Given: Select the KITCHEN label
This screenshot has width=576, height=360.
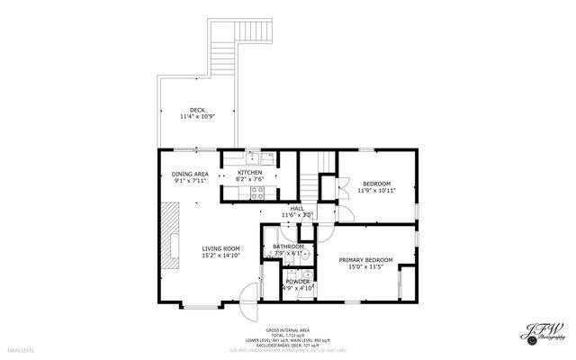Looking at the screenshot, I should [x=249, y=172].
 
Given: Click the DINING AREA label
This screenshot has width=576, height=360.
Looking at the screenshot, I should [x=190, y=174].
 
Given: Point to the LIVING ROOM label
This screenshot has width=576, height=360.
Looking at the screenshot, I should [x=220, y=248].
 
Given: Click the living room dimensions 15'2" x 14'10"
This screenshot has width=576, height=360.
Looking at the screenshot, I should [x=220, y=256].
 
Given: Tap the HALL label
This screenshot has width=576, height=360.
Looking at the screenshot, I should [x=297, y=208].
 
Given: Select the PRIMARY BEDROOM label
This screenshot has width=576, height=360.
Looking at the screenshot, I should [x=366, y=260].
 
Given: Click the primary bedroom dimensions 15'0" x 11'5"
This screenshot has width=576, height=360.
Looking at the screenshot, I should [x=366, y=267].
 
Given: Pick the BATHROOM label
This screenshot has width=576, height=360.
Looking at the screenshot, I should [x=288, y=247].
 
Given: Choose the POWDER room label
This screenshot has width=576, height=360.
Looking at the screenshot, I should [x=297, y=282].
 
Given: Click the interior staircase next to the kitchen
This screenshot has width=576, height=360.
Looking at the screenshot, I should [x=310, y=181].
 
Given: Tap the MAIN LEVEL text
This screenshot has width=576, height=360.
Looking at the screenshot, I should [x=21, y=349].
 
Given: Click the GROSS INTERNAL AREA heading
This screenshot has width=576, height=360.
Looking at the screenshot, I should [x=287, y=329].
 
